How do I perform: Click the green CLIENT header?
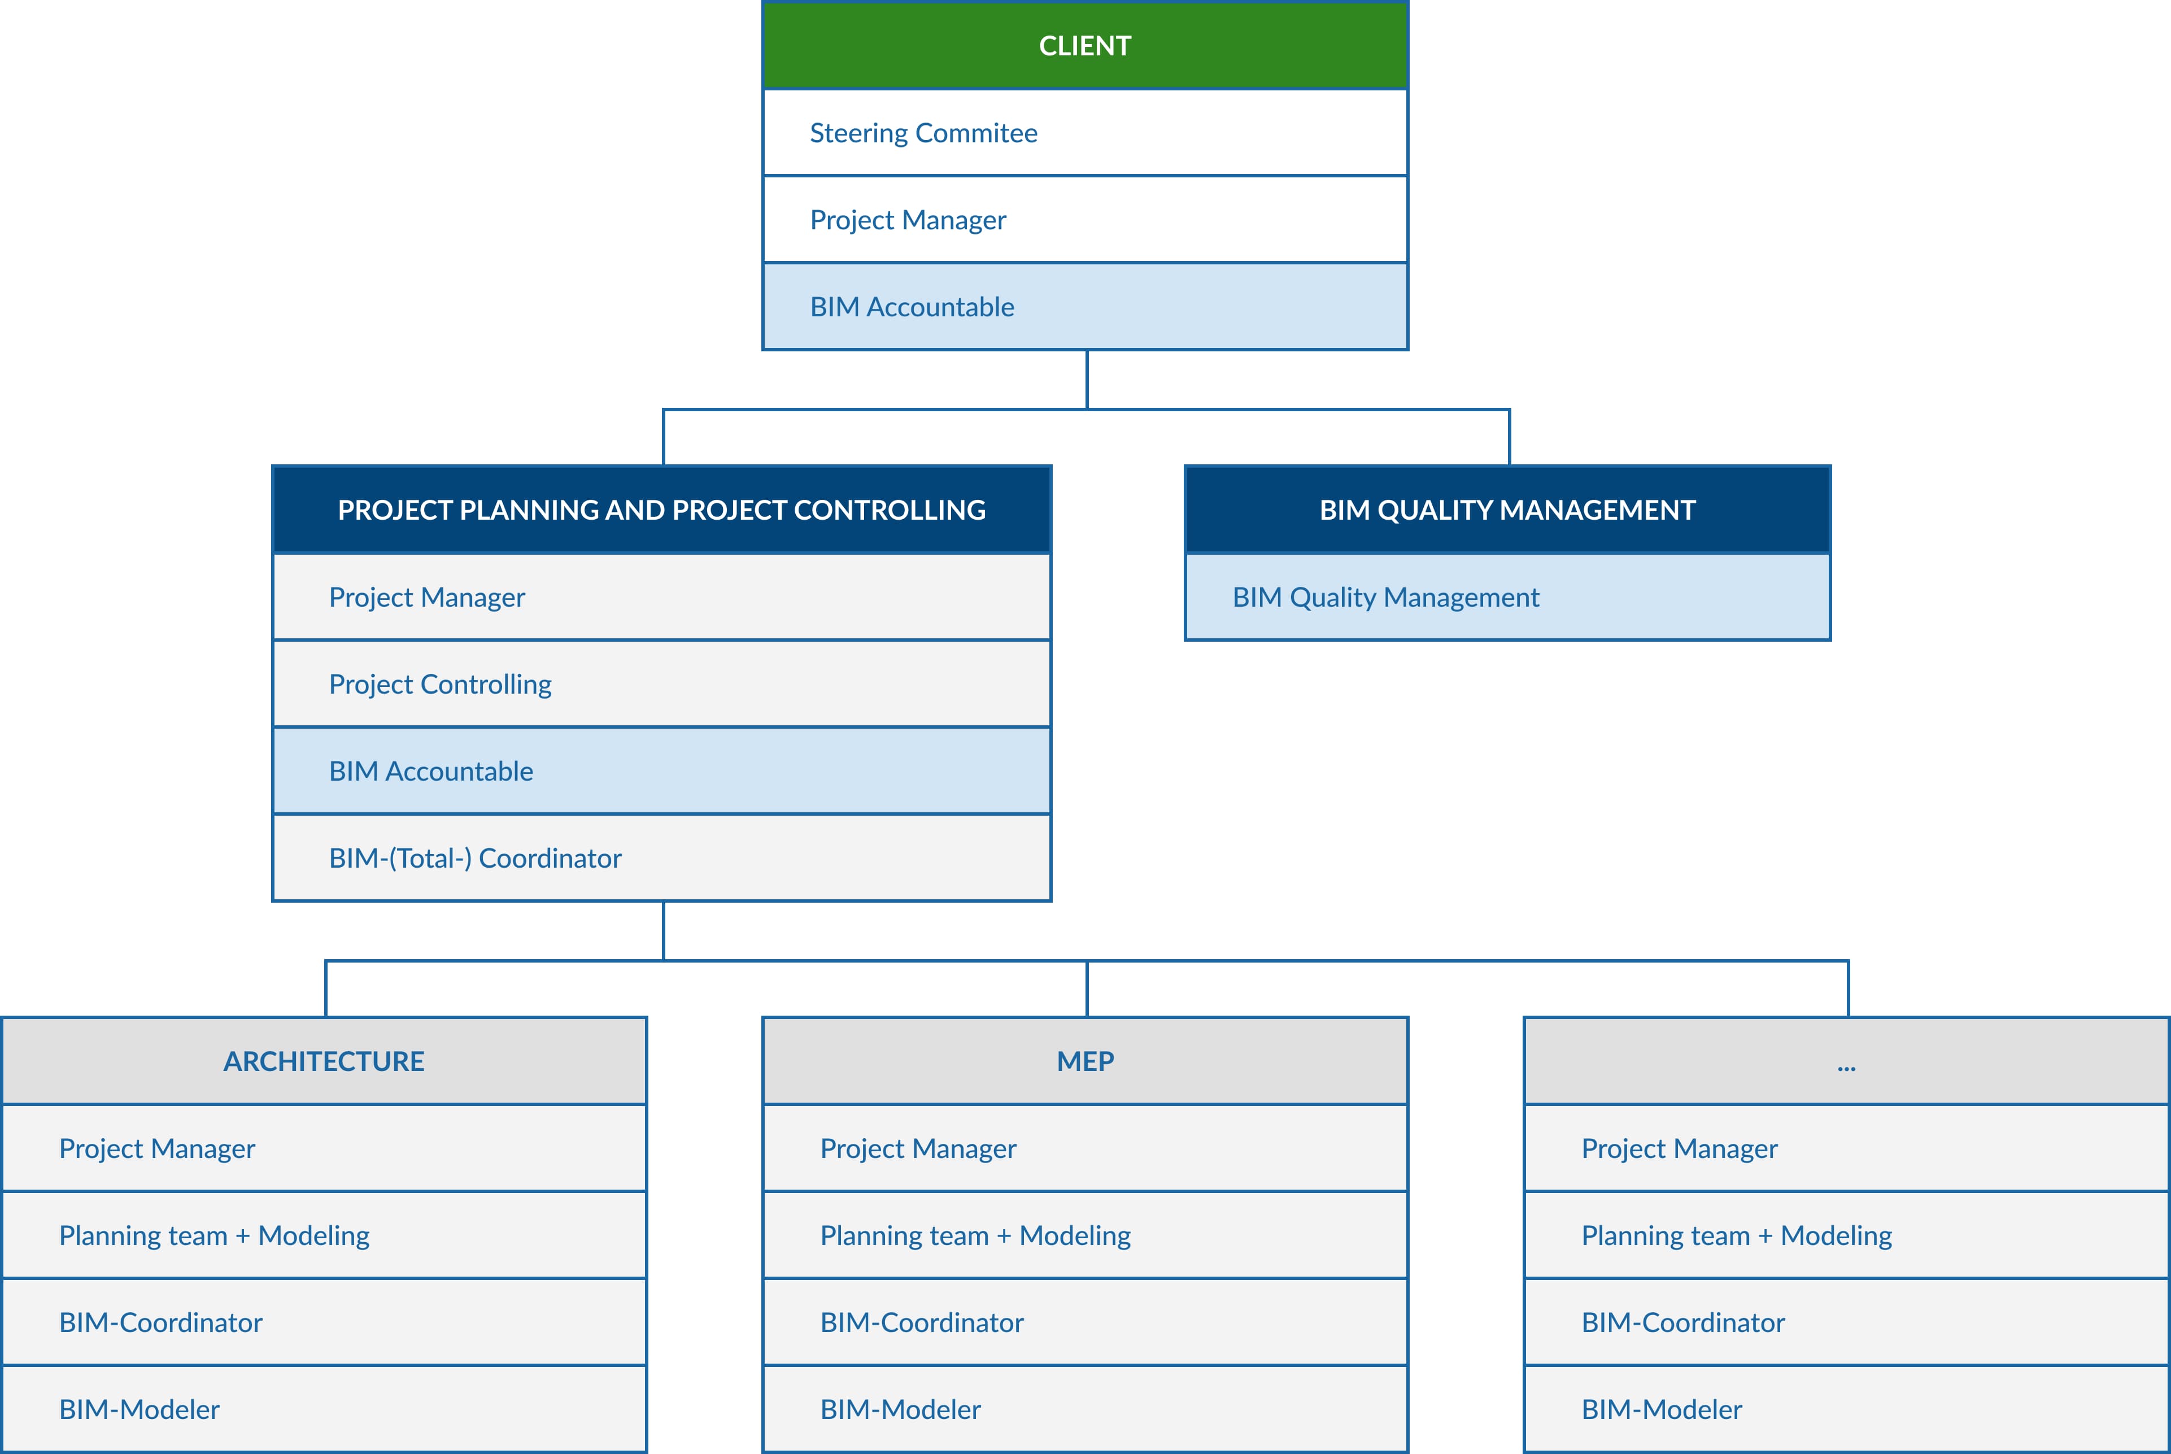(x=1084, y=45)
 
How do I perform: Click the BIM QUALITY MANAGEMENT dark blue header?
(x=1507, y=510)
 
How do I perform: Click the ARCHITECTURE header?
(x=324, y=1061)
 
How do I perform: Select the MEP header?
(x=1084, y=1061)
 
